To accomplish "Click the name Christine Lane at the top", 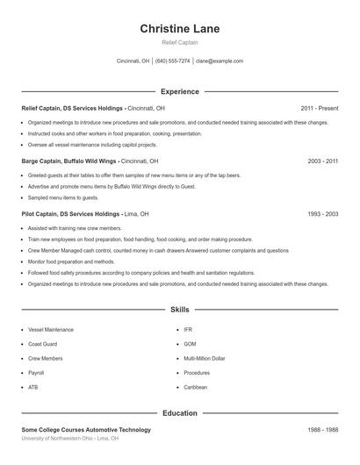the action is click(180, 28).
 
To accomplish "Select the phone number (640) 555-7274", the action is click(173, 61).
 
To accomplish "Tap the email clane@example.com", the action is click(220, 61).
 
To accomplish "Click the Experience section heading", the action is click(180, 91).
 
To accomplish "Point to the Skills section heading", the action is click(180, 310).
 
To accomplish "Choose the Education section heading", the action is click(180, 413).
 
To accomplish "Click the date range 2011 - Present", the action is click(320, 108).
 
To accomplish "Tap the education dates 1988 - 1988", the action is click(323, 430).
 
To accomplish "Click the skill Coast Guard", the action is click(42, 344).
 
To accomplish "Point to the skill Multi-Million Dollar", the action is click(205, 358).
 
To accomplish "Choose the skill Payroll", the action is click(36, 372).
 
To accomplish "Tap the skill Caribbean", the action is click(196, 386).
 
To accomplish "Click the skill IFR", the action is click(187, 330).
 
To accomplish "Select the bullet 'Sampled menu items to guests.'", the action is click(63, 198).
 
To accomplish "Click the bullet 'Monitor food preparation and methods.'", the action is click(71, 261).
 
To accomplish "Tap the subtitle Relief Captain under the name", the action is click(180, 42).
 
